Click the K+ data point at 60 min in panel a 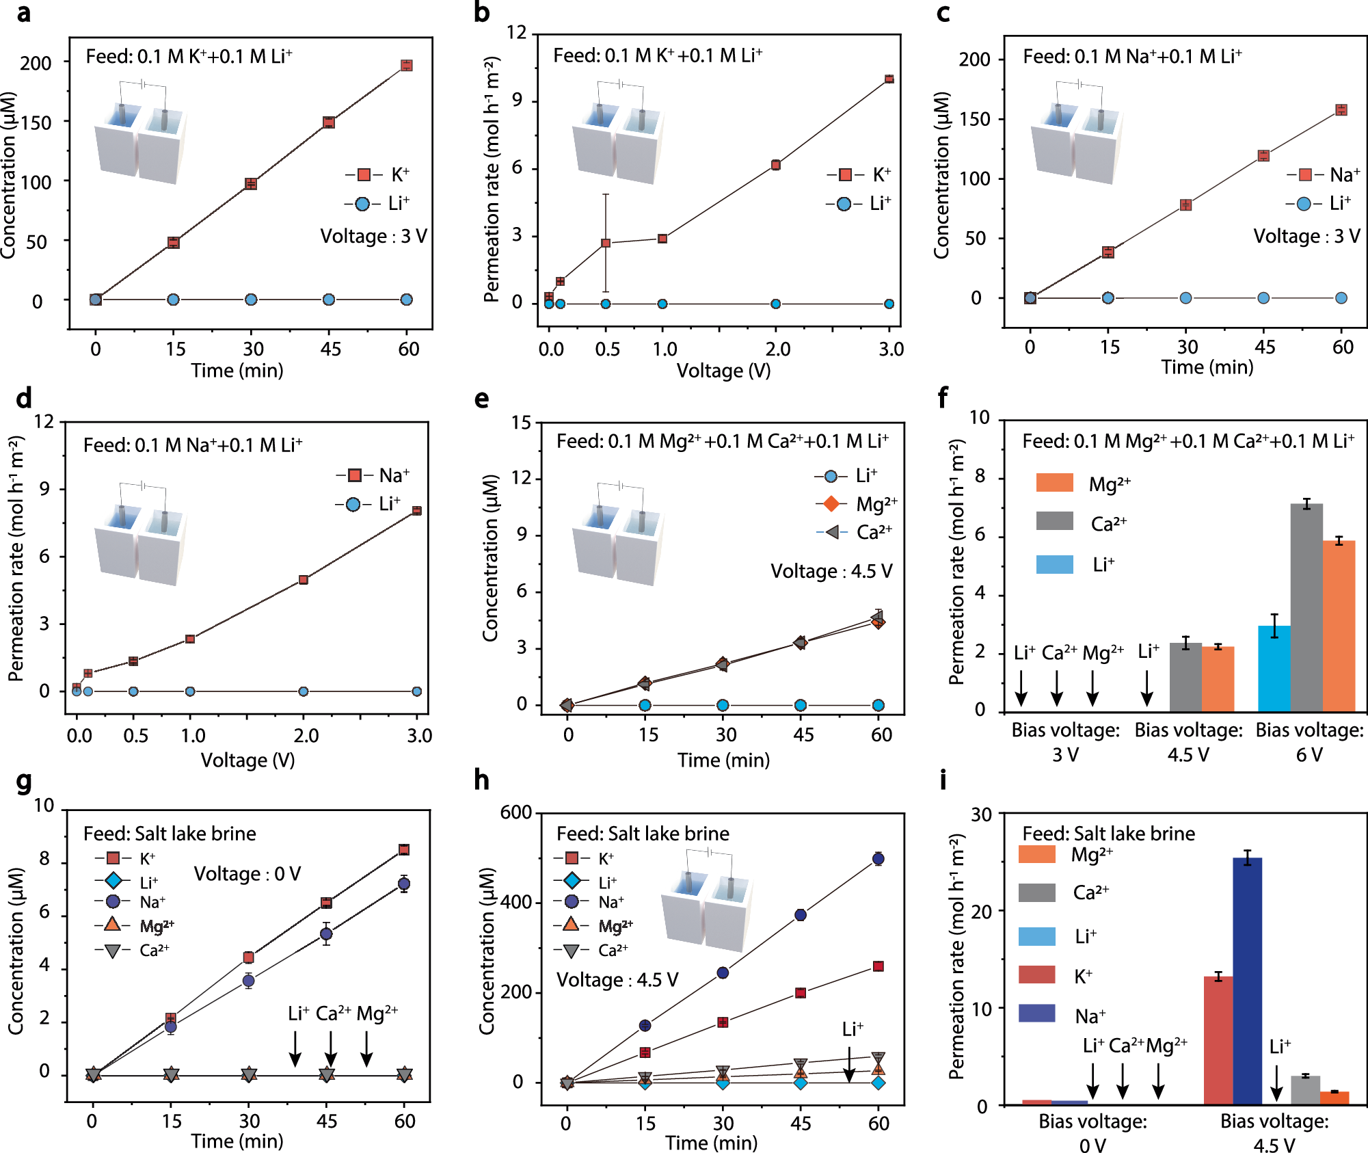coord(406,66)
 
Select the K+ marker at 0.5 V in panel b coord(606,243)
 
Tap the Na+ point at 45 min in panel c coord(1263,156)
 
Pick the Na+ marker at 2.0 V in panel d coord(304,580)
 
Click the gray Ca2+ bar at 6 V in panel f coord(1306,607)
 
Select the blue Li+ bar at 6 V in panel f coord(1274,668)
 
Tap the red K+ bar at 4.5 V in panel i coord(1218,1039)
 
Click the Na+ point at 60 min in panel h coord(879,859)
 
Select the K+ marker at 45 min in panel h coord(801,993)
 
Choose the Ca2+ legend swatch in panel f coord(1054,521)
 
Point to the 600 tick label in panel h coord(516,812)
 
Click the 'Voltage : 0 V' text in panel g coord(247,874)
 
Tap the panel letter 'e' coord(482,399)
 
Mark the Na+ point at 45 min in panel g coord(327,933)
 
